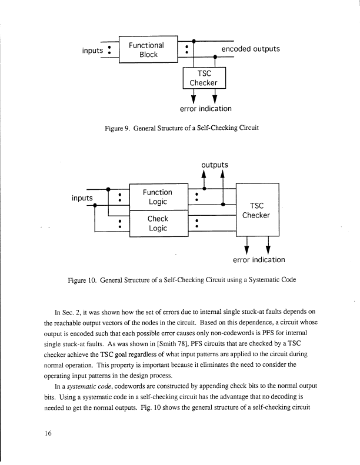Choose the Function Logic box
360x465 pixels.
click(157, 197)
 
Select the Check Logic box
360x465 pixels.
click(157, 223)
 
